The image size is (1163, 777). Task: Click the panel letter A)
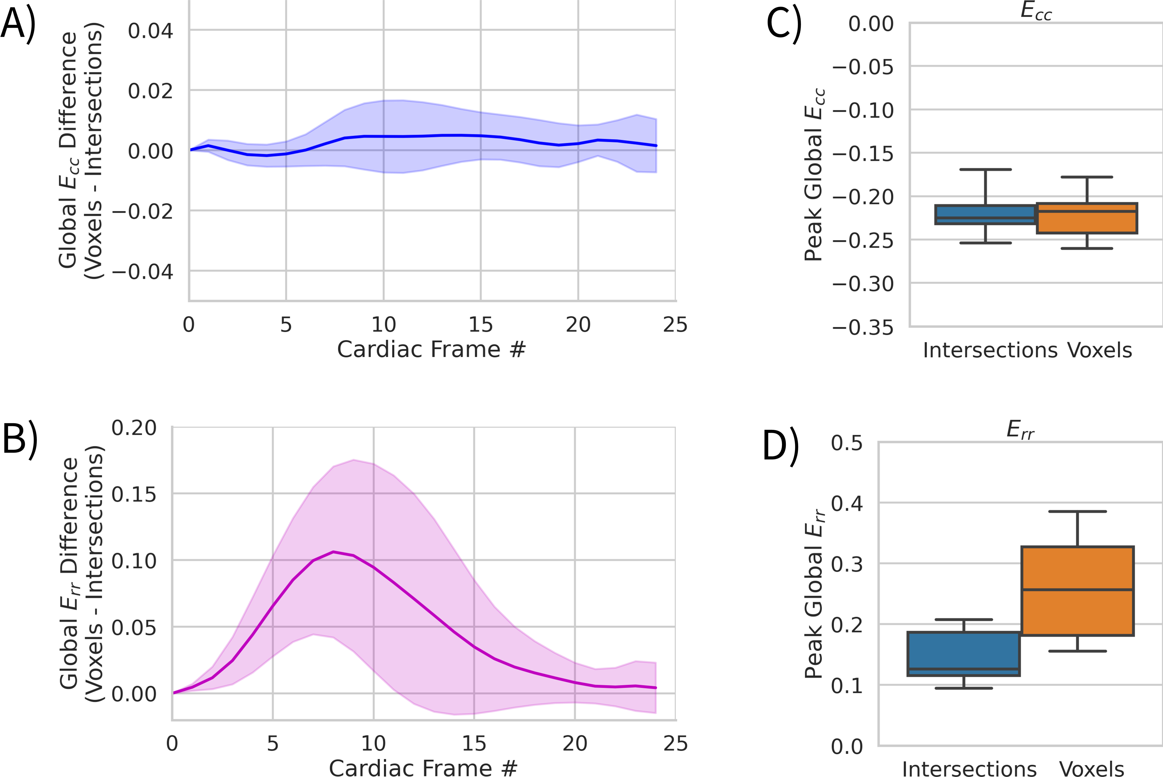coord(18,25)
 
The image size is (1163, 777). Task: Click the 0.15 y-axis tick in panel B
coord(134,494)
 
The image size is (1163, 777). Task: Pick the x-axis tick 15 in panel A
coord(480,325)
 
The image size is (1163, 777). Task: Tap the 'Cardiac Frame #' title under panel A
coord(431,349)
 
